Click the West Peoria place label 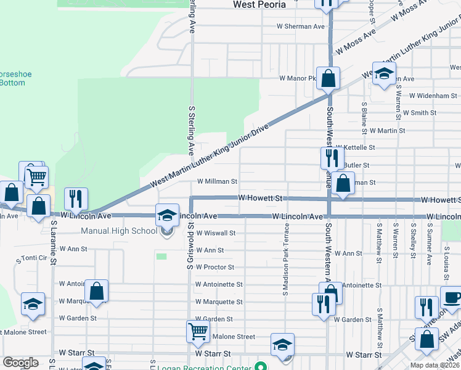coord(259,5)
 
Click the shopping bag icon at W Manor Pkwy coord(328,79)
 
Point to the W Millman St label coord(217,182)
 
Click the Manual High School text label coord(119,231)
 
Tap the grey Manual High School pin coord(166,232)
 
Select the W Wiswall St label coord(216,233)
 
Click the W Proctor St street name coord(214,267)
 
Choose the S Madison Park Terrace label coord(286,259)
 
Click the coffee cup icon coord(451,297)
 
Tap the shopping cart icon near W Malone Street coord(198,332)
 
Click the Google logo coord(20,363)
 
